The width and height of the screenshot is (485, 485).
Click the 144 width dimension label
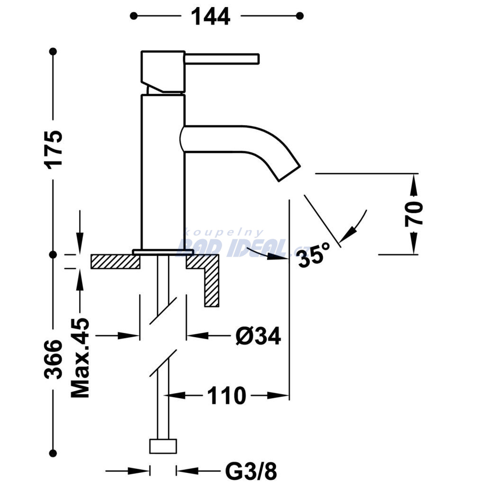point(211,17)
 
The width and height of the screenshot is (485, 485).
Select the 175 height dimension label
point(54,150)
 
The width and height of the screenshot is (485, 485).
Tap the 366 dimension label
point(53,359)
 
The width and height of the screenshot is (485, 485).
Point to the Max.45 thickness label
point(80,357)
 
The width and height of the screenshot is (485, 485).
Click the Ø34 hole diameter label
point(258,336)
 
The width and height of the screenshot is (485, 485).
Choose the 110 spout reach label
point(226,395)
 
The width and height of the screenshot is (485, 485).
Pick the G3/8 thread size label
point(251,471)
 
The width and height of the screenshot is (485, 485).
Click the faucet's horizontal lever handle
point(222,59)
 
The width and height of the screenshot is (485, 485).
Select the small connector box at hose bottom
point(163,446)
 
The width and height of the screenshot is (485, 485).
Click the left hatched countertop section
point(115,261)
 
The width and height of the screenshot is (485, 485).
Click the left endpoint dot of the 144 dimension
point(134,16)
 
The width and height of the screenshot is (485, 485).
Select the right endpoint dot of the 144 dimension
point(299,16)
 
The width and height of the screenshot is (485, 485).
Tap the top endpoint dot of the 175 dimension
point(53,51)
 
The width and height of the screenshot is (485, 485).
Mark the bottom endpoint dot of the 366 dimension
point(53,454)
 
